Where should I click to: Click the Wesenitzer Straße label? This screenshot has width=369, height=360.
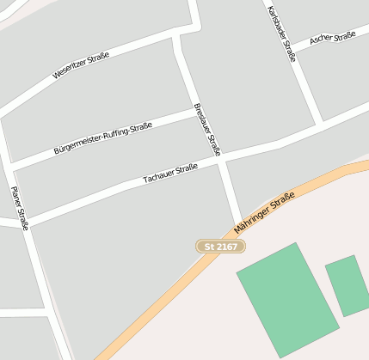coord(81,66)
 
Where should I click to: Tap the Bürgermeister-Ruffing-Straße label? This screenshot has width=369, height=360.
coord(102,137)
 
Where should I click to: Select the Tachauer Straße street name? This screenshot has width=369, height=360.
coord(170,173)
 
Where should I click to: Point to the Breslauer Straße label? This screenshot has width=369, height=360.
coord(208,129)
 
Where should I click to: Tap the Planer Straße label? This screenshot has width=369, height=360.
coord(20,208)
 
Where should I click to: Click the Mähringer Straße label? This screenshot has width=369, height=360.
coord(264,215)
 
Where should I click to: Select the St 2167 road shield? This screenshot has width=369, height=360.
coord(221,247)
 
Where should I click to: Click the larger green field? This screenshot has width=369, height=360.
coord(287,298)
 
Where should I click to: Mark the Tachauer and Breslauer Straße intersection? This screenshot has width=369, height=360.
coord(223,159)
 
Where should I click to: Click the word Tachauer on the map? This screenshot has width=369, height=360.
coord(159,176)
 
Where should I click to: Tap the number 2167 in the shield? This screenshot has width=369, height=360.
coord(226,247)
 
